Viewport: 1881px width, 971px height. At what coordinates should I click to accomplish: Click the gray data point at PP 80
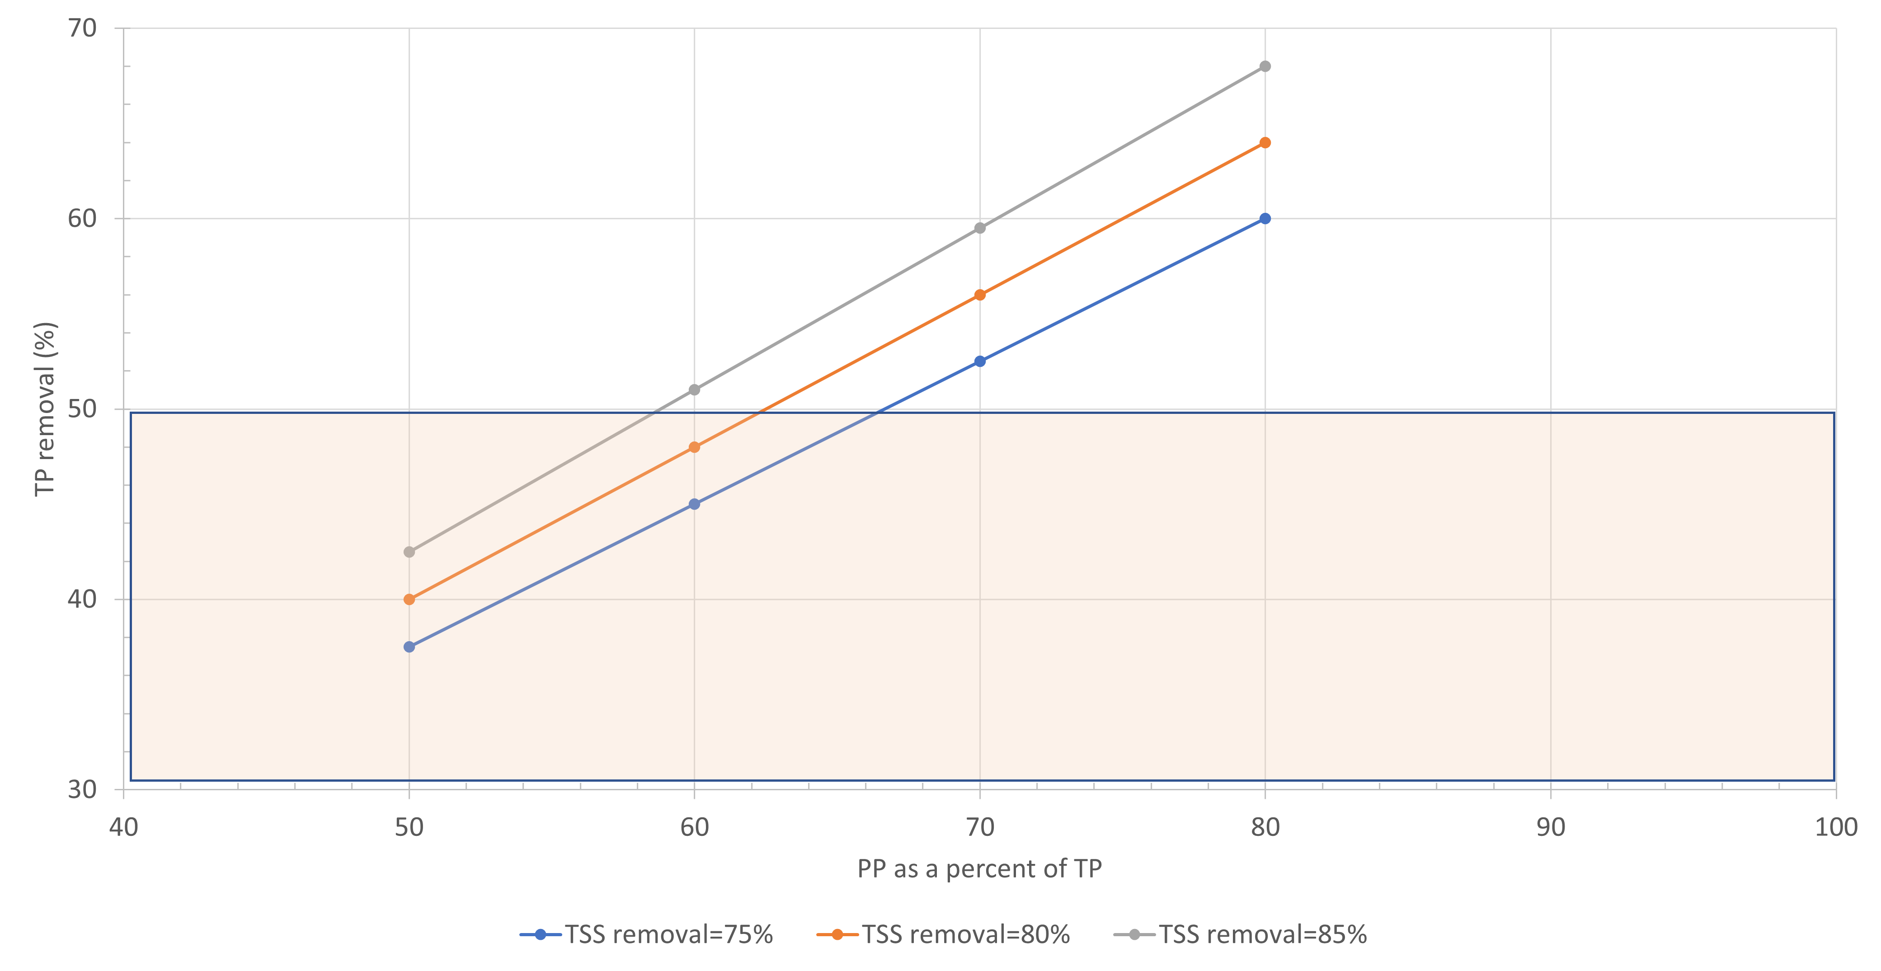tap(1265, 66)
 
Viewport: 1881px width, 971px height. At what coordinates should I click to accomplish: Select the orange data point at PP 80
tap(1265, 142)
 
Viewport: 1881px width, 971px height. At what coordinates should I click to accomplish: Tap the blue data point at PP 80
tap(1265, 218)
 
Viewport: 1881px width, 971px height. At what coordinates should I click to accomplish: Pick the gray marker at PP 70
tap(980, 228)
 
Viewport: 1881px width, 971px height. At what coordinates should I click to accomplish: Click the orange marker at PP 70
tap(980, 295)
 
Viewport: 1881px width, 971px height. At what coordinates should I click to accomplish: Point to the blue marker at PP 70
tap(980, 361)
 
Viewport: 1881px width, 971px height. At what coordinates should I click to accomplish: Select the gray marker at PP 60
tap(695, 390)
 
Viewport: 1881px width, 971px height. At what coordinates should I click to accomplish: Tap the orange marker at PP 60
tap(695, 447)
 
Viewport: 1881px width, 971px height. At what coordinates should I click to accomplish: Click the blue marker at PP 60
tap(695, 504)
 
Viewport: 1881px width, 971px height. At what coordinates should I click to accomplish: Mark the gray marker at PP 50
tap(409, 552)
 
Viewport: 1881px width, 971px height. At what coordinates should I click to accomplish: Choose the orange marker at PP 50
tap(409, 600)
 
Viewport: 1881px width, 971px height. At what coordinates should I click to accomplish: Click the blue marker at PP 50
tap(409, 647)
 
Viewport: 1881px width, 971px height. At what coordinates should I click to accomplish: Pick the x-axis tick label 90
tap(1550, 827)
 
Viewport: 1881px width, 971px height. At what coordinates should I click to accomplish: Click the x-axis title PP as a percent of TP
tap(979, 869)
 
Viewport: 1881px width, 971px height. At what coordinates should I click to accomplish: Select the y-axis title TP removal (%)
tap(45, 409)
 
